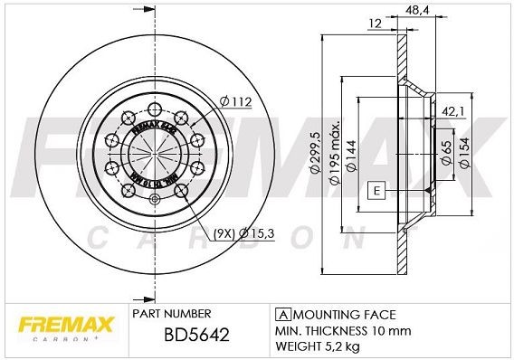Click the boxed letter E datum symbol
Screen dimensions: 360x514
point(375,190)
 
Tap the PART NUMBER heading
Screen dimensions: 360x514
point(171,314)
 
